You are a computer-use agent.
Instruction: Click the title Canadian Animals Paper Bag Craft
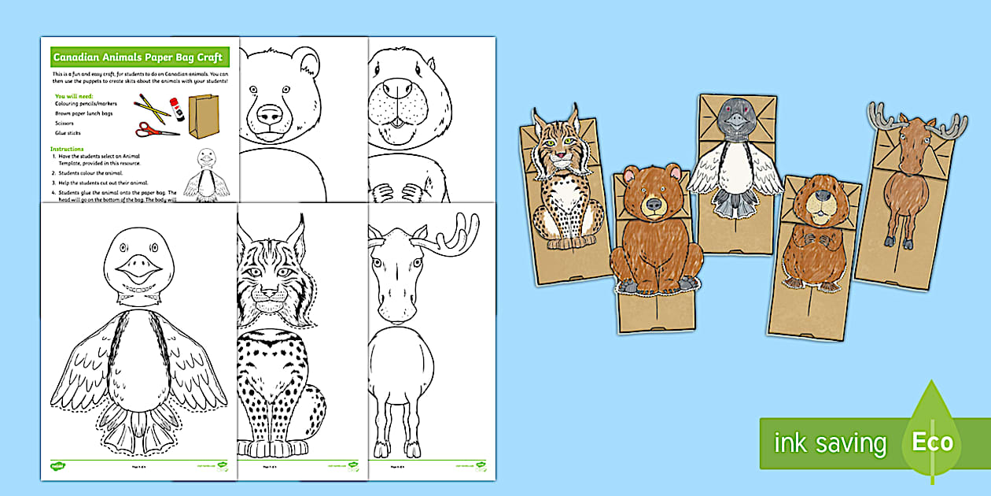138,57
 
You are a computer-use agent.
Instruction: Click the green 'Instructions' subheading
67,149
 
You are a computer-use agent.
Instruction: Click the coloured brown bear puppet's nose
654,205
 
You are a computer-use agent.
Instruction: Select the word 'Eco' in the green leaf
932,442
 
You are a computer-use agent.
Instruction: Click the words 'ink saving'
830,442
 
